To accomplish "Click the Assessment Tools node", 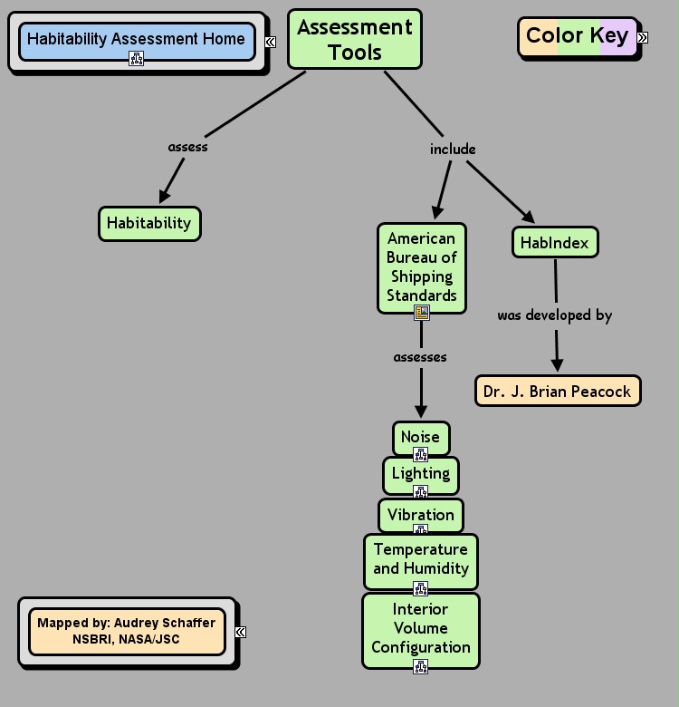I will click(355, 39).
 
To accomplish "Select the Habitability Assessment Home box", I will click(136, 39).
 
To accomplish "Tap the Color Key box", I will click(577, 36).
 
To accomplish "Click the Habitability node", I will click(149, 223).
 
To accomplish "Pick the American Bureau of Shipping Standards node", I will click(421, 266).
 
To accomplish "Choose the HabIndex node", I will click(555, 243).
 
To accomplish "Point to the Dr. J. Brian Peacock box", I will click(558, 392).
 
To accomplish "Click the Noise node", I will click(420, 437).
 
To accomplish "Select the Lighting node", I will click(420, 473).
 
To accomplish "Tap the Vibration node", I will click(420, 515).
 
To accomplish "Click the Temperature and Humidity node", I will click(420, 559).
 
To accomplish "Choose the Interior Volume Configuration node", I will click(420, 628).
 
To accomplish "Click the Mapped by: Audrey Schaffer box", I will click(127, 631).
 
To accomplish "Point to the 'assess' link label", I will click(187, 147).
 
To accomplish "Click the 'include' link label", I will click(453, 149).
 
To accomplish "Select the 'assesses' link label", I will click(420, 357).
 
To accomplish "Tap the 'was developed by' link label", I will click(554, 315).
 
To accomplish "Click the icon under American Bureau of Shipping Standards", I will click(421, 313).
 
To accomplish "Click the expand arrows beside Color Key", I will click(643, 37).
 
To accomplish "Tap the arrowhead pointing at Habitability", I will click(165, 196).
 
